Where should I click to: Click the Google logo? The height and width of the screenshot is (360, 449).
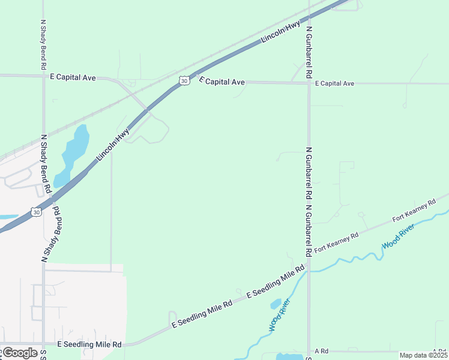[19, 352]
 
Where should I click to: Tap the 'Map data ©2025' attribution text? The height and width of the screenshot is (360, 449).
[423, 355]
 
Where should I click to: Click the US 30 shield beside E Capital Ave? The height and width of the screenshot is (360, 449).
[184, 80]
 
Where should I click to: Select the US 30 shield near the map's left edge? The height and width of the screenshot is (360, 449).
[37, 212]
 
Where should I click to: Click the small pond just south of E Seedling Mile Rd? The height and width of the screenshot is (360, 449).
[276, 304]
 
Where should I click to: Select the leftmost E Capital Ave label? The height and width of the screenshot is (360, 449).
[73, 77]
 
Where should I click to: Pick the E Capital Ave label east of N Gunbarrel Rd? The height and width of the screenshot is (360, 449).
[334, 83]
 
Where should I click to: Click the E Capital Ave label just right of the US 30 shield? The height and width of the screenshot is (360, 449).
[222, 81]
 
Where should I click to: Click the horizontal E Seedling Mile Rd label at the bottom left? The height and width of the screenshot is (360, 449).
[89, 344]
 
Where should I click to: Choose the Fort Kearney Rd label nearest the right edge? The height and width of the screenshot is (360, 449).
[414, 211]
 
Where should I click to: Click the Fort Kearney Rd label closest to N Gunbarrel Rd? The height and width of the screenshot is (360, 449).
[336, 241]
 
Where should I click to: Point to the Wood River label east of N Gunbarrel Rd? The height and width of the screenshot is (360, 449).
[399, 236]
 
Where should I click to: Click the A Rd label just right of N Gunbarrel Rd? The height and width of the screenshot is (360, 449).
[321, 351]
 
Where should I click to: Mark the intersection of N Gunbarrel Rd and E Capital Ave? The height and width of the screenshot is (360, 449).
[309, 83]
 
